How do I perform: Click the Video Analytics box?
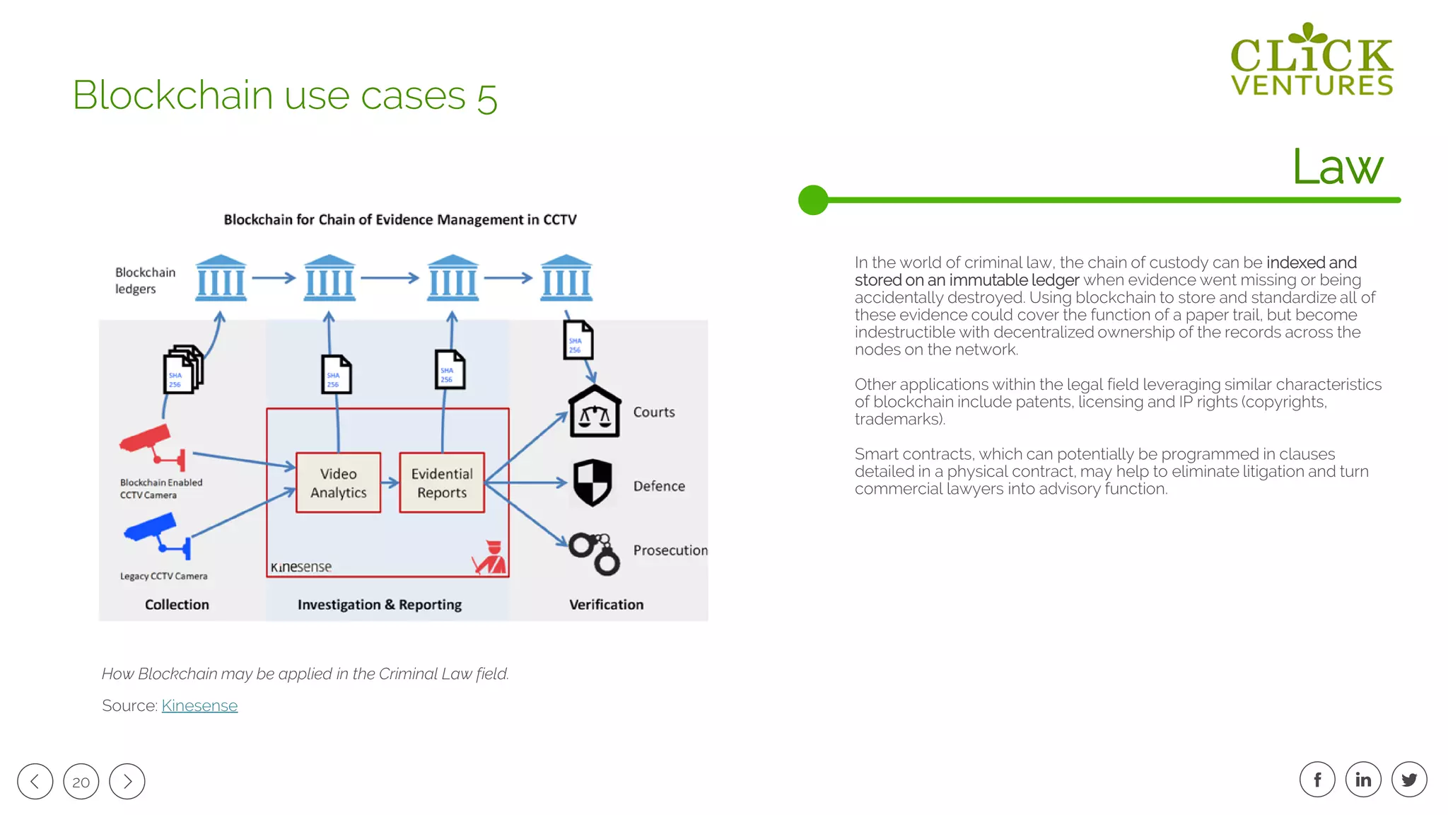tap(338, 482)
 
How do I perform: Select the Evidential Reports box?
tap(442, 482)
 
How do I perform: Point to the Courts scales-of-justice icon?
tap(595, 412)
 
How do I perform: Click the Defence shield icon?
tap(592, 482)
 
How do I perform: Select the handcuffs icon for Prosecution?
tap(595, 554)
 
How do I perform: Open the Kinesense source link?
tap(199, 705)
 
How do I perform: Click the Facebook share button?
tap(1317, 780)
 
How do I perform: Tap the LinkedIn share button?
tap(1363, 780)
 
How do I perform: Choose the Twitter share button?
tap(1409, 780)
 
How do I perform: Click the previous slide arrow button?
tap(35, 781)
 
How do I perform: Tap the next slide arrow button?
tap(127, 781)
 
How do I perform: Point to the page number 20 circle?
tap(81, 781)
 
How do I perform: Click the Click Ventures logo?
tap(1312, 60)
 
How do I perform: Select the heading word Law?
tap(1337, 168)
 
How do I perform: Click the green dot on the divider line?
tap(813, 200)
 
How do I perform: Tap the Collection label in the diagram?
tap(177, 604)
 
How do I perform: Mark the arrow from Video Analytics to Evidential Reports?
tap(390, 483)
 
